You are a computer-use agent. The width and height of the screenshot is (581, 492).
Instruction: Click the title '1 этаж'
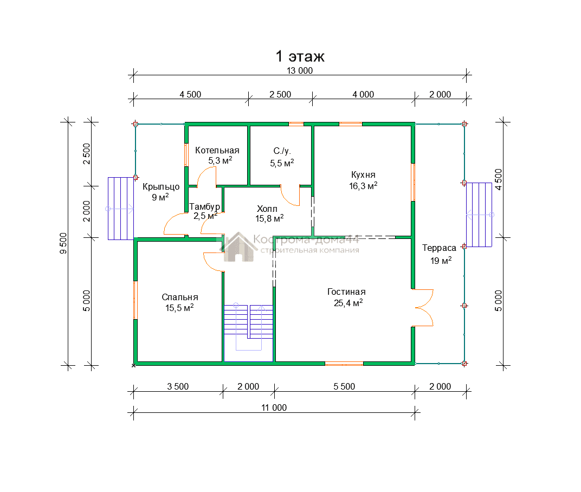[x=300, y=56]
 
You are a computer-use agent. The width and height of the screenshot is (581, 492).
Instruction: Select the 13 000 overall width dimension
[x=300, y=70]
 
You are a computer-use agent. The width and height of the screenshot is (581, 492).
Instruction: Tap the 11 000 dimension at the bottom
[x=274, y=407]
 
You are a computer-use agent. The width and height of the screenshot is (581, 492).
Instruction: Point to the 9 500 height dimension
[x=63, y=243]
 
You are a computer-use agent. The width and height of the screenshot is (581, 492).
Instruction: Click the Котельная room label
[x=217, y=151]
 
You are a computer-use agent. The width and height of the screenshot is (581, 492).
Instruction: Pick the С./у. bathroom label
[x=282, y=151]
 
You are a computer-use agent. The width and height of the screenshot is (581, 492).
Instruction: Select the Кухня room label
[x=363, y=175]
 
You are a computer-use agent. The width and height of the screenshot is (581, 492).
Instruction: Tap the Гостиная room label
[x=346, y=292]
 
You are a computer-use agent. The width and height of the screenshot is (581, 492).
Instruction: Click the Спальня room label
[x=180, y=297]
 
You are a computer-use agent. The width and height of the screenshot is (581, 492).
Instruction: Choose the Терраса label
[x=439, y=248]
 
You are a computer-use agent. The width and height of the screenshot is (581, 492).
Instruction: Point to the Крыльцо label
[x=161, y=187]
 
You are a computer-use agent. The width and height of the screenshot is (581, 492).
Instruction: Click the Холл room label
[x=267, y=209]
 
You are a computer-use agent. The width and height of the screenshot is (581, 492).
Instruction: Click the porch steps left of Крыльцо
[x=121, y=209]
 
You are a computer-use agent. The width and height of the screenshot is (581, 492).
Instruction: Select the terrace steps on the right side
[x=479, y=215]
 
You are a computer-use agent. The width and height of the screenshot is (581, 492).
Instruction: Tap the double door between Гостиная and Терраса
[x=423, y=308]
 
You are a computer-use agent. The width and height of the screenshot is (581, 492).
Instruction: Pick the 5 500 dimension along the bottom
[x=344, y=386]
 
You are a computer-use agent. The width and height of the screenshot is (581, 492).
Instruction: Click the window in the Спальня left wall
[x=135, y=300]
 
